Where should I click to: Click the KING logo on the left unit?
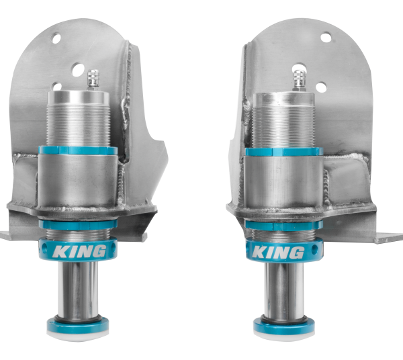tap(79, 252)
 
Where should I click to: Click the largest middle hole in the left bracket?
tap(78, 69)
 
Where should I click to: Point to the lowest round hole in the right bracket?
tap(321, 87)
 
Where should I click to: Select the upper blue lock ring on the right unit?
tap(280, 152)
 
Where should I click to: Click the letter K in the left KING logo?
tap(59, 251)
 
